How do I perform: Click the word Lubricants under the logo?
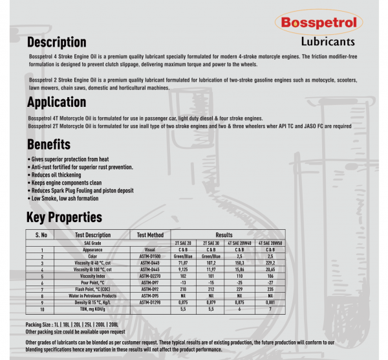coord(328,41)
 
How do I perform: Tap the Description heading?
coord(57,43)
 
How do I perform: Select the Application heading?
coord(56,102)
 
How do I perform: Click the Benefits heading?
coord(48,143)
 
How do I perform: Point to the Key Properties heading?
coord(64,217)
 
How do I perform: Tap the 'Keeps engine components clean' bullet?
coord(64,183)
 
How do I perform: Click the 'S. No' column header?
coord(41,234)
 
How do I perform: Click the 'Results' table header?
coord(224,234)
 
